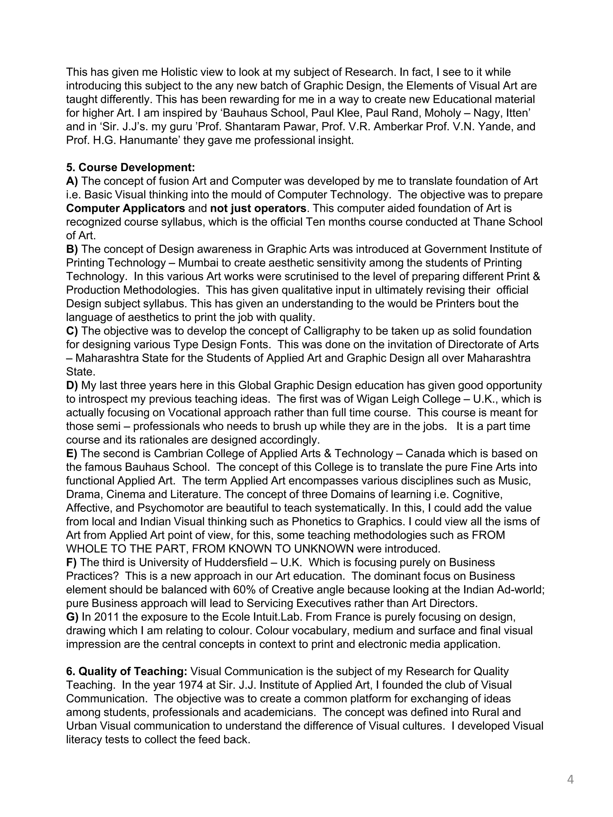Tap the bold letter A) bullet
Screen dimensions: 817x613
pos(72,181)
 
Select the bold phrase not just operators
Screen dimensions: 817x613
pos(258,208)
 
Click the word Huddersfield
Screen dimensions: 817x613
pos(236,562)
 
